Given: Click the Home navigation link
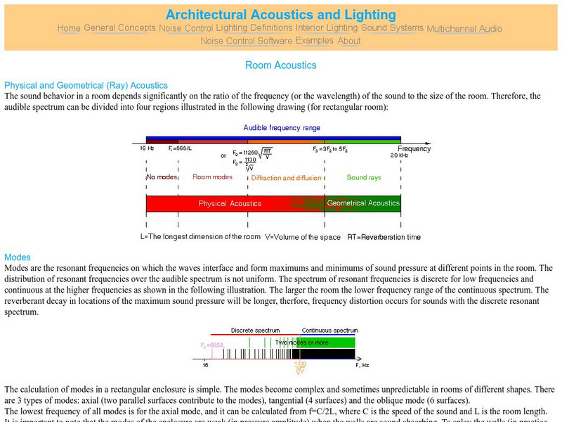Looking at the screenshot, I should [x=69, y=28].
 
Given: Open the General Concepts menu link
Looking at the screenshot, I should [x=119, y=28].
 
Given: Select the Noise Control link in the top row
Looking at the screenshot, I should [x=186, y=28].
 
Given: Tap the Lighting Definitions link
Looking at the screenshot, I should [x=254, y=28].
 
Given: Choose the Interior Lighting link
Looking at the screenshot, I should [x=327, y=28].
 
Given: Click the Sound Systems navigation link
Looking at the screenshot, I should [x=392, y=28].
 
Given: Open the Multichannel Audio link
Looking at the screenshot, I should [x=464, y=29].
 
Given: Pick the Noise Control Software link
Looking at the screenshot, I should [x=247, y=41].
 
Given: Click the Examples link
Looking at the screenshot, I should [x=315, y=41].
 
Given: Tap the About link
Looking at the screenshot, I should [x=349, y=41].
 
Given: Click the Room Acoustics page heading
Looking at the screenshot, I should [x=281, y=65].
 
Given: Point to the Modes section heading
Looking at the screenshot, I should [x=18, y=257].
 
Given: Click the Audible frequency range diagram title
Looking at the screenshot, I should [x=282, y=128].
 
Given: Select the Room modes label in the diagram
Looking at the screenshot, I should [x=212, y=177].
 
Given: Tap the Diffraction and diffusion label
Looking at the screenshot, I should [x=287, y=178].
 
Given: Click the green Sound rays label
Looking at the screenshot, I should [x=364, y=178].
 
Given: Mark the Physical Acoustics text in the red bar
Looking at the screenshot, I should [x=230, y=204].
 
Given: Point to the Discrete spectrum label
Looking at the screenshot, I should [x=255, y=330].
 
